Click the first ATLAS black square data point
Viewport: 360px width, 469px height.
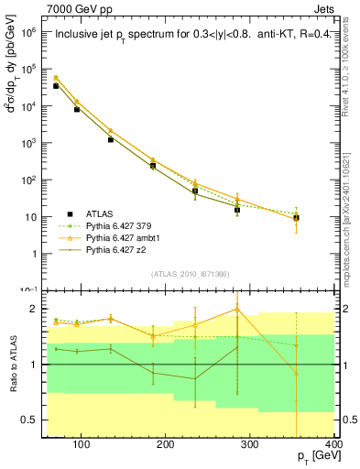pos(56,86)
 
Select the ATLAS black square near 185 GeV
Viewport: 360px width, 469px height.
pos(153,166)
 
